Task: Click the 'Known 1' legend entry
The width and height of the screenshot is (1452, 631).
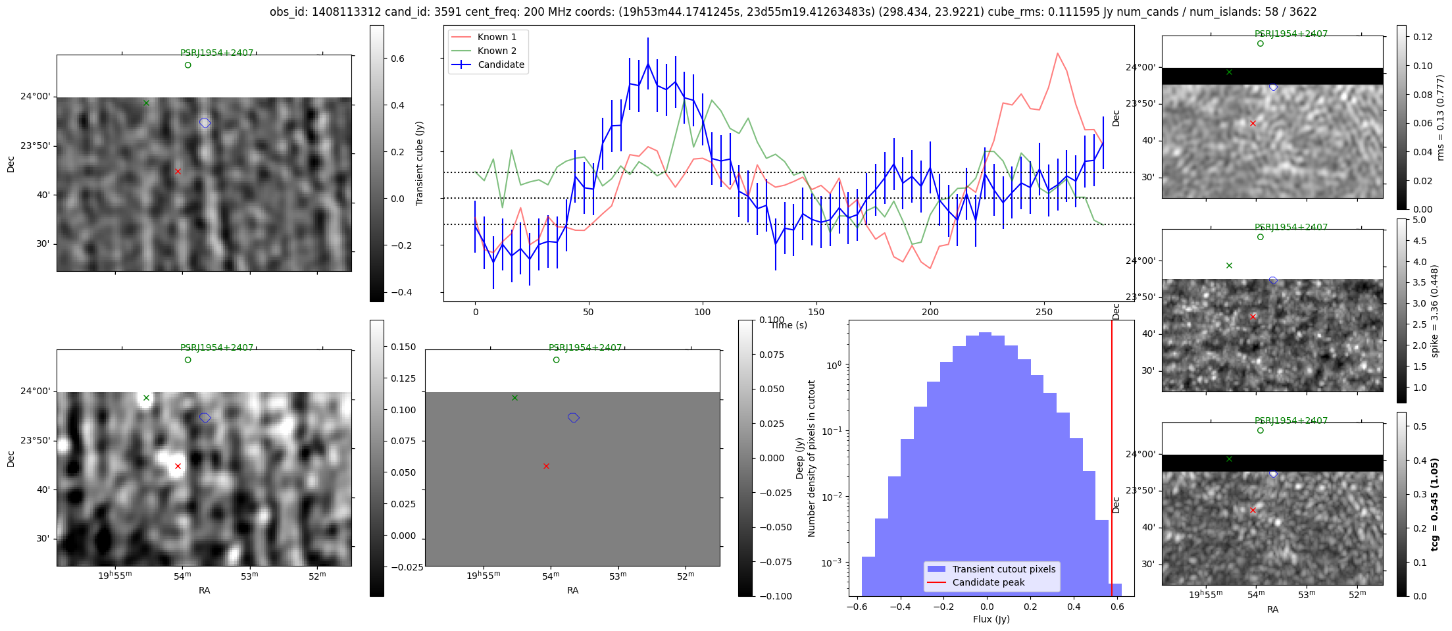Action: click(x=497, y=37)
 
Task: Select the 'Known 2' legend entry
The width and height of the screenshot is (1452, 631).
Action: click(x=497, y=51)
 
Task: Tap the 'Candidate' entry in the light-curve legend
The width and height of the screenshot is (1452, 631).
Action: click(x=501, y=64)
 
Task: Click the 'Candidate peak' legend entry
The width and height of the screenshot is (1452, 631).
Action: click(x=988, y=582)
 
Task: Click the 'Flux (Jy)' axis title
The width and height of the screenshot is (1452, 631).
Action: click(x=991, y=619)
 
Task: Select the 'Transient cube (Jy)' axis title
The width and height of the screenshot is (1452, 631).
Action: click(x=420, y=163)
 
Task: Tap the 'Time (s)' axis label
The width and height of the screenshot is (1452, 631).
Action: click(x=789, y=325)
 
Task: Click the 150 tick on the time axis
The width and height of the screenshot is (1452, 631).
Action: click(x=816, y=312)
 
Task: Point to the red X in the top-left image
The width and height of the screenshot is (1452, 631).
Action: click(x=178, y=172)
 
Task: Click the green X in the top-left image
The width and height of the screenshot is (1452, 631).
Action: click(x=146, y=103)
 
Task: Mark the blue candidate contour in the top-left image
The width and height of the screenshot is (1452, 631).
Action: click(x=205, y=123)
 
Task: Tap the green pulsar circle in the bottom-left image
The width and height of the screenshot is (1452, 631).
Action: click(x=188, y=360)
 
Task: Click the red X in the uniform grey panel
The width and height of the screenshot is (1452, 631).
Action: click(x=546, y=467)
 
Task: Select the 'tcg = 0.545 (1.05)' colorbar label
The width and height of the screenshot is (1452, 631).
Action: click(x=1435, y=504)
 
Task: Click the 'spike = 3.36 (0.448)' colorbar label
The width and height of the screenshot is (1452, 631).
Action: click(x=1435, y=311)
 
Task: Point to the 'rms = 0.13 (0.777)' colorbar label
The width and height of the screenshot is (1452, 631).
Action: click(x=1440, y=117)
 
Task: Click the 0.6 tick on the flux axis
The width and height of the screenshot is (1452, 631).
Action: click(x=1117, y=607)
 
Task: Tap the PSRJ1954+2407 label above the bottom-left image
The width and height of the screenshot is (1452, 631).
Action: click(x=216, y=347)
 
